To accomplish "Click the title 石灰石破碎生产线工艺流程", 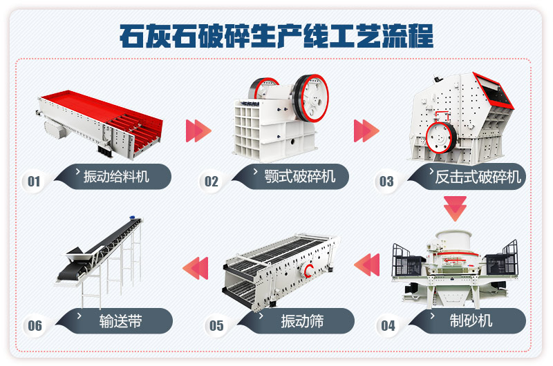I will [276, 35].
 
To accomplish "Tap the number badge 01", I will [33, 182].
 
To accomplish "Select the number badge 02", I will [211, 182].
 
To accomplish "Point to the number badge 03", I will [386, 182].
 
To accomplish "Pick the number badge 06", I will [35, 325].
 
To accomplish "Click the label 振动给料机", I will [115, 176].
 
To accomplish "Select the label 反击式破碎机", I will [478, 177].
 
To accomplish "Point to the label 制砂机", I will [470, 320].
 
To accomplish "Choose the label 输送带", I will [120, 320].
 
